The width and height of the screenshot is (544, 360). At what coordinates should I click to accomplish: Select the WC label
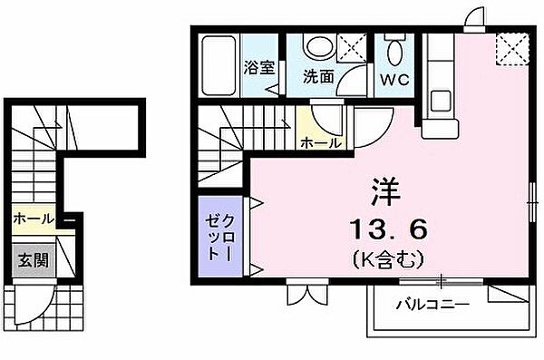click(395, 78)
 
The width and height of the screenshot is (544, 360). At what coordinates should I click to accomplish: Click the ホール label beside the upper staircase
click(321, 142)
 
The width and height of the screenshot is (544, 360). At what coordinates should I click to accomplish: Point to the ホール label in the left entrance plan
click(33, 219)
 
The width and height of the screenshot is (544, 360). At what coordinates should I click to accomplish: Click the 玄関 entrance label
click(31, 261)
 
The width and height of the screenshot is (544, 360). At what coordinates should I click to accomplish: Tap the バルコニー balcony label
click(432, 305)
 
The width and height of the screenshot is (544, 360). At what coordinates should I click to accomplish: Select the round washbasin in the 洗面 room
click(317, 48)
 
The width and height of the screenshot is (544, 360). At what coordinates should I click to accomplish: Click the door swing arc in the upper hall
click(324, 120)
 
